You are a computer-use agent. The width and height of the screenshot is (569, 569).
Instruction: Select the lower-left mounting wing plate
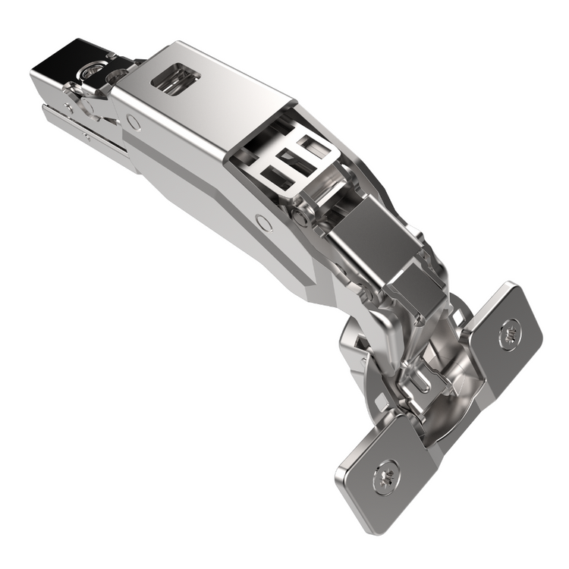383,474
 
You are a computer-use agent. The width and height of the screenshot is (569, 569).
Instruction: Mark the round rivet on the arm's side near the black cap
134,121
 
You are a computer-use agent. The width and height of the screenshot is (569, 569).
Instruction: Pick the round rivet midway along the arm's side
263,222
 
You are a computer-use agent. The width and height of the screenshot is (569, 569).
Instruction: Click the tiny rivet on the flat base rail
88,137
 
